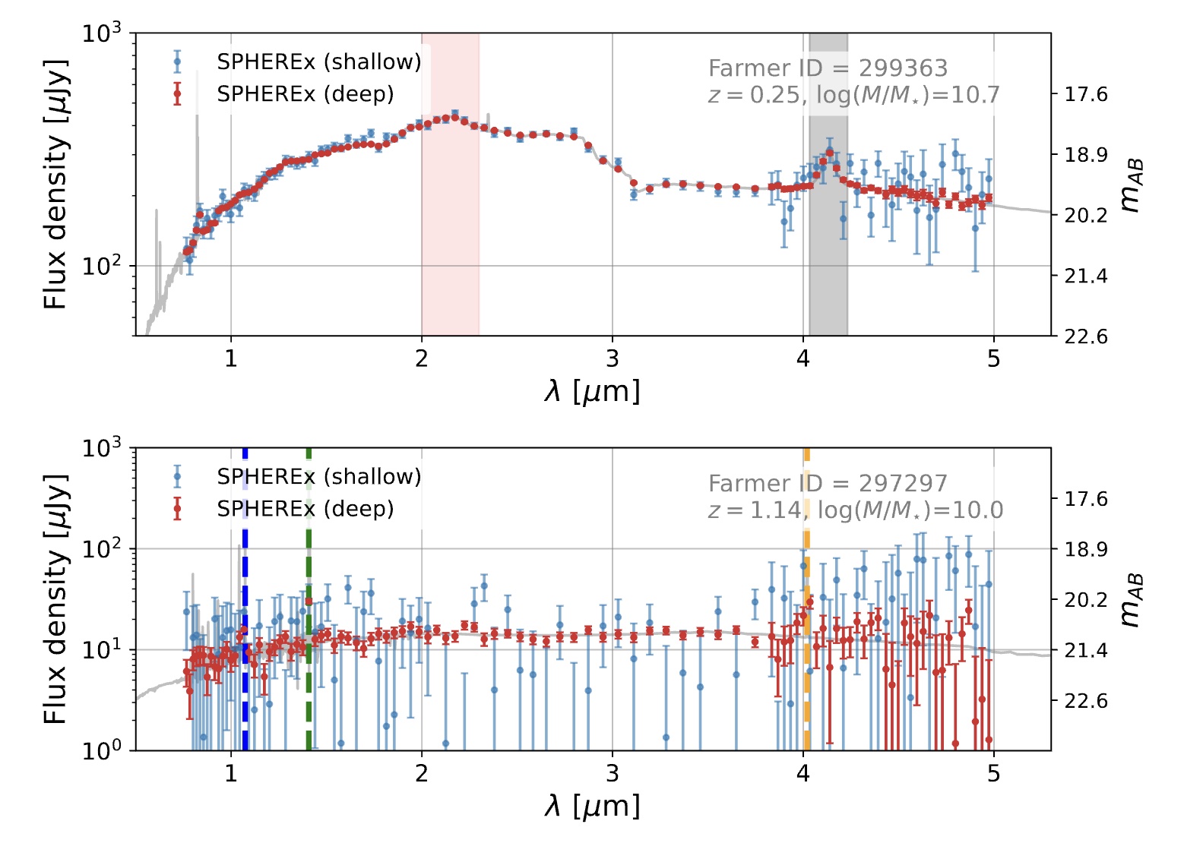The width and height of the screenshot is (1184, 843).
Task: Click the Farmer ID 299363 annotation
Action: [828, 68]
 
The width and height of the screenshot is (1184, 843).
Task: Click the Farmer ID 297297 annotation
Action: [828, 483]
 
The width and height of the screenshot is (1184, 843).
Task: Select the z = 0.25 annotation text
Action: [753, 95]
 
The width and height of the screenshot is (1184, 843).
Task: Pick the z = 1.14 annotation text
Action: [753, 510]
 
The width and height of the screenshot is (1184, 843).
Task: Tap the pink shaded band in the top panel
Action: [450, 228]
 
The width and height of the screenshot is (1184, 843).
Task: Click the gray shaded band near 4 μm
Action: [828, 266]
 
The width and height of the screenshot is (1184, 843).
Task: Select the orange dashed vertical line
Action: [806, 684]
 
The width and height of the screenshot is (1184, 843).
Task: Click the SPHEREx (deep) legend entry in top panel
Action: [305, 94]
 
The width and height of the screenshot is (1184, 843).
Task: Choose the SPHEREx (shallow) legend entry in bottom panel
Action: [318, 476]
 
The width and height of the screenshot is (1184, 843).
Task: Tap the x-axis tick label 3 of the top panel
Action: [613, 358]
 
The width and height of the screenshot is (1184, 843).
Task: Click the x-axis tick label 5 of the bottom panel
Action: [994, 773]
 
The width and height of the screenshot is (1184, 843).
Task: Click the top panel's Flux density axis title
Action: [55, 184]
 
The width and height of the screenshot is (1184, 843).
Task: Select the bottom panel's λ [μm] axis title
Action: [592, 807]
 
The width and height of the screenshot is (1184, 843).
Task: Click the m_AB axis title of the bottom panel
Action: [1132, 600]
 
